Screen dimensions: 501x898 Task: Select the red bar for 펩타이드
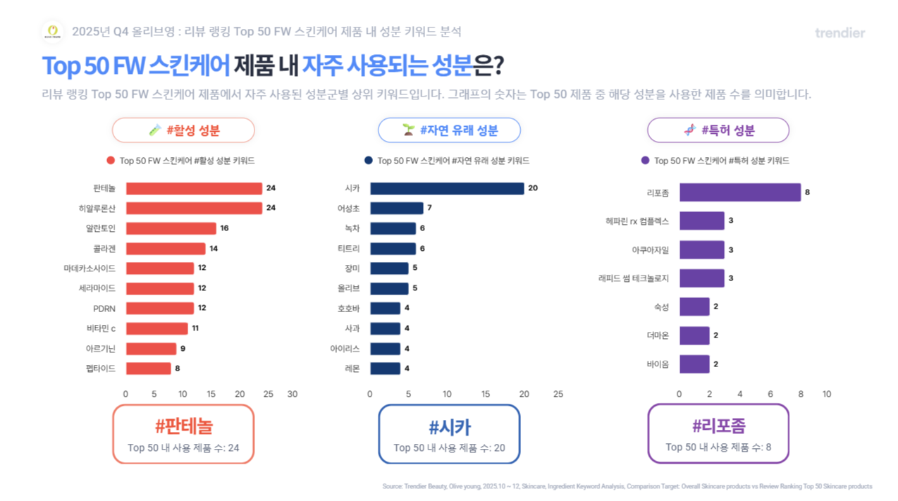(x=148, y=368)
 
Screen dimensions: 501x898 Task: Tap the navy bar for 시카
(x=447, y=188)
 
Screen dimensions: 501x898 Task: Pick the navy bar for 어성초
(x=397, y=208)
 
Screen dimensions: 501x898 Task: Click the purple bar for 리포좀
(x=739, y=192)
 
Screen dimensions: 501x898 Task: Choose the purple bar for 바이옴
(x=694, y=364)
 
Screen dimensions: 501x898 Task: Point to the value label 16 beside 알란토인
(x=225, y=228)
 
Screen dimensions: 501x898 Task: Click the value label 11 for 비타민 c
(x=196, y=328)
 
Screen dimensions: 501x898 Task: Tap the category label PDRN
(x=104, y=309)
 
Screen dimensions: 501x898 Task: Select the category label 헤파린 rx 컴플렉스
(x=632, y=221)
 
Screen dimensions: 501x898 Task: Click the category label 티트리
(x=348, y=248)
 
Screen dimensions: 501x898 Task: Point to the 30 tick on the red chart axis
(x=293, y=394)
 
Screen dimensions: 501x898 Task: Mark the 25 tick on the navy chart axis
(x=558, y=394)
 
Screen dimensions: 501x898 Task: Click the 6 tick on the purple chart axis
(x=770, y=394)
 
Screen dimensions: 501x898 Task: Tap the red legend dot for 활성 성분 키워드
(x=110, y=161)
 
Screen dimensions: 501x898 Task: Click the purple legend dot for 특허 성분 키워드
(x=644, y=161)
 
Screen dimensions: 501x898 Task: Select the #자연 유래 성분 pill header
(x=449, y=130)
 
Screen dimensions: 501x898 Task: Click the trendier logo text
(x=839, y=33)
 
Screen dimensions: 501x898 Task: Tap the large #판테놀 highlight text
(x=183, y=426)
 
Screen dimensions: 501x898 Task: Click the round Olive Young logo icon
(x=53, y=31)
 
